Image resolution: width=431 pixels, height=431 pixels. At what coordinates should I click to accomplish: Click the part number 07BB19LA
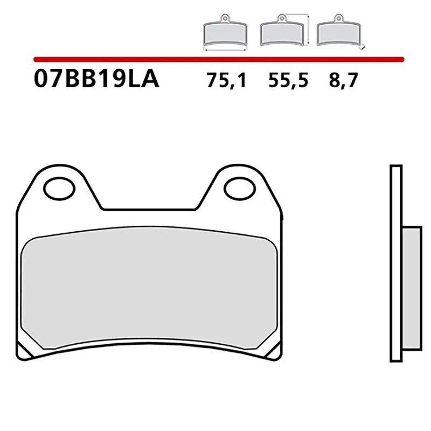(x=96, y=80)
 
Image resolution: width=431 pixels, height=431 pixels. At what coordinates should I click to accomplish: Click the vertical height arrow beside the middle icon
(x=308, y=30)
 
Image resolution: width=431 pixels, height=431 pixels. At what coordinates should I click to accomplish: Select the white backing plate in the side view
(x=395, y=261)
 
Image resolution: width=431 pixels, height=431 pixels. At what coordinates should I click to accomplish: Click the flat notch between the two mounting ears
(x=148, y=208)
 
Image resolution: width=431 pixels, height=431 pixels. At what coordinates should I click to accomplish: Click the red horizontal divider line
(x=218, y=58)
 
